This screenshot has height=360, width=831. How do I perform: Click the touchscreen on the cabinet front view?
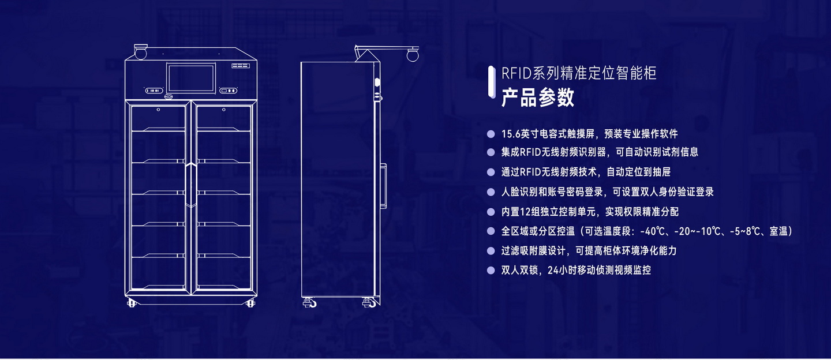190,78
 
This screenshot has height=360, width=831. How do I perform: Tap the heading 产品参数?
537,98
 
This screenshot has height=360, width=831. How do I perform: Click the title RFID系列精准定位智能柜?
579,73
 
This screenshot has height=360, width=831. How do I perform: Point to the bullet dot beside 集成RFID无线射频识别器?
491,152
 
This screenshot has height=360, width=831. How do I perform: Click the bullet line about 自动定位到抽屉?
586,172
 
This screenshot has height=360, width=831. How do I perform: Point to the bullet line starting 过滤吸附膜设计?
589,251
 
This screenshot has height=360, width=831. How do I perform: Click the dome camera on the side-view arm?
412,55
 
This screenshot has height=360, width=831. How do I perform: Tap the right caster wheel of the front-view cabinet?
250,303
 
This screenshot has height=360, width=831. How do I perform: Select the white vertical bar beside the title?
491,81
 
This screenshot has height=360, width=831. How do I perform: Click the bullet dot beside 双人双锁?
491,270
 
